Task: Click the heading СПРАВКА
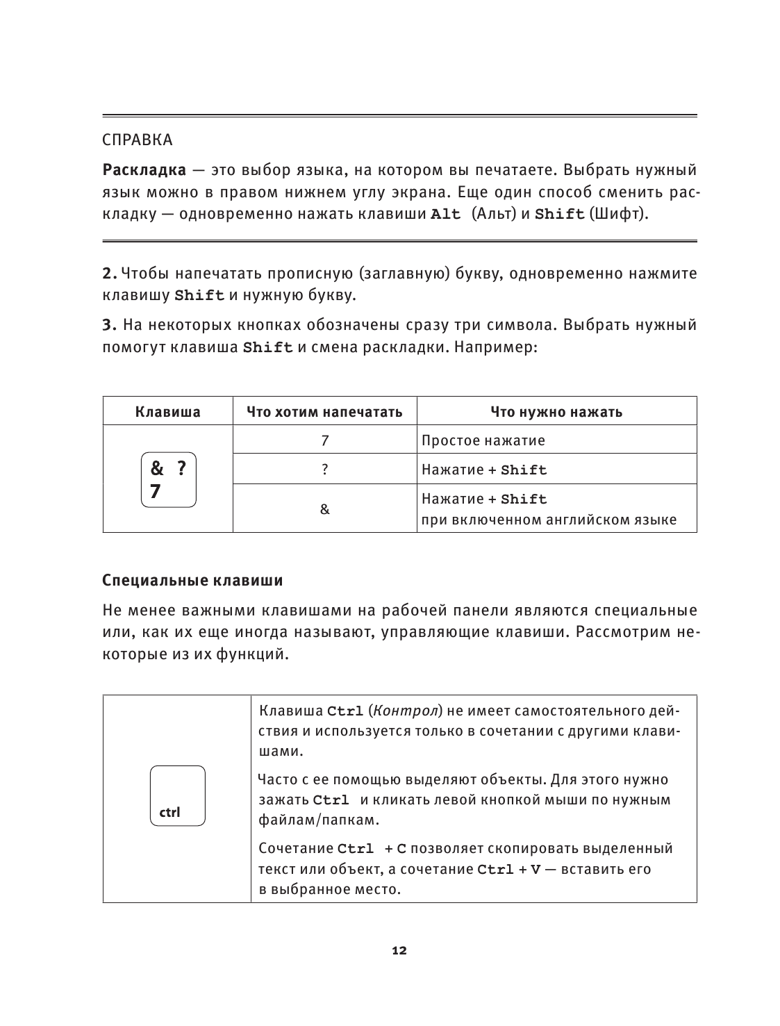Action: click(x=137, y=140)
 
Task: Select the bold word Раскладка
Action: click(x=144, y=170)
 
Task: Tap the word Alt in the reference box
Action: click(x=445, y=214)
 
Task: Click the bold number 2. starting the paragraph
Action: click(x=110, y=273)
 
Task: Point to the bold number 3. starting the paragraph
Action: click(x=110, y=324)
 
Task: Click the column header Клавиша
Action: click(x=167, y=412)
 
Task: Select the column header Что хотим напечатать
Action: click(x=324, y=412)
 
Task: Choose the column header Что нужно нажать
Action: click(x=556, y=412)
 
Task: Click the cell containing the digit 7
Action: click(x=324, y=440)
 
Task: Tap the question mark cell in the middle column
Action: click(x=324, y=470)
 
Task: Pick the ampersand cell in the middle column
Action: click(x=324, y=509)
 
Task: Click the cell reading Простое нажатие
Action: click(x=483, y=440)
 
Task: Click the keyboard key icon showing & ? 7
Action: click(x=168, y=480)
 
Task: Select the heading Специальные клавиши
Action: click(x=192, y=579)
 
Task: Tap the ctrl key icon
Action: click(x=177, y=795)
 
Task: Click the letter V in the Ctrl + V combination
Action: click(x=535, y=870)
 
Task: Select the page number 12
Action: click(x=399, y=951)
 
